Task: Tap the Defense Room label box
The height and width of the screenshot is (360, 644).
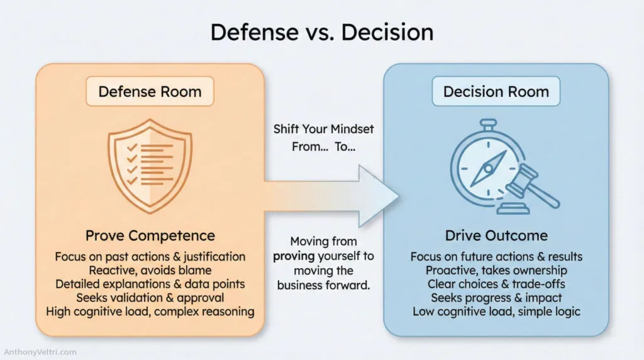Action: (x=150, y=91)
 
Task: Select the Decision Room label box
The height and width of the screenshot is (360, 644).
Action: (x=496, y=91)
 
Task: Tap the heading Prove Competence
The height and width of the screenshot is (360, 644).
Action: (x=150, y=236)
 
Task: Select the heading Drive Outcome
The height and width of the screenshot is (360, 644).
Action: (x=496, y=236)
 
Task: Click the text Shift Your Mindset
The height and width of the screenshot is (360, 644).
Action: (x=323, y=129)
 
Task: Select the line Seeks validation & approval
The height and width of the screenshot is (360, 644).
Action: (x=150, y=297)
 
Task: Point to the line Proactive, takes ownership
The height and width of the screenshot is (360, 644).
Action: (x=496, y=270)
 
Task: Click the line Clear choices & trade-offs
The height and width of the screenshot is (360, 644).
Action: (x=496, y=284)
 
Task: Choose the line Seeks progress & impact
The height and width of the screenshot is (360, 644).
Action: (x=496, y=298)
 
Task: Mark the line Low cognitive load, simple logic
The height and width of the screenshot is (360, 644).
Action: (x=496, y=312)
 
